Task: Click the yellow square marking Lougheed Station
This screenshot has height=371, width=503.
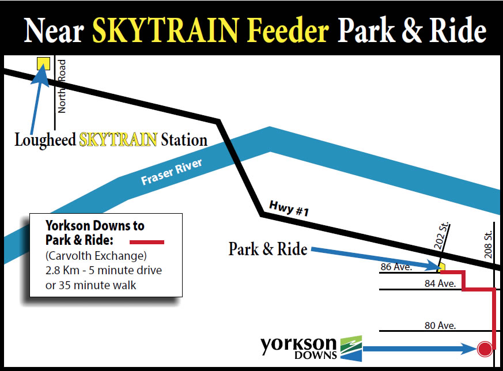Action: coord(43,63)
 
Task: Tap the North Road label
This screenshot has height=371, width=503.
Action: coord(62,86)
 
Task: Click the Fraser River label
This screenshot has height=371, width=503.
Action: coord(172,172)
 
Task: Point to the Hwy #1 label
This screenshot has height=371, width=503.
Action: coord(289,208)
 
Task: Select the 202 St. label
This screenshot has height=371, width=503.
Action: coord(441,236)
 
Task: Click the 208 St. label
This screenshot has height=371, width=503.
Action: coord(488,245)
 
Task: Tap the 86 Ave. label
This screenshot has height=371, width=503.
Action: coord(396,267)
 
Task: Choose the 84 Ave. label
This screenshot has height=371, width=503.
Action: coord(440,283)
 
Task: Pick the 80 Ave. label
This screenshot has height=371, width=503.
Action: coord(440,325)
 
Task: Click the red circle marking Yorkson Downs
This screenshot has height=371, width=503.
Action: coord(485,349)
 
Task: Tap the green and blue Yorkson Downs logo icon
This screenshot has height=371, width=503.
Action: coord(351,349)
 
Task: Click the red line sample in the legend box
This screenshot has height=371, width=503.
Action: coord(146,242)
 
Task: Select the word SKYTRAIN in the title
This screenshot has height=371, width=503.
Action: coord(166,30)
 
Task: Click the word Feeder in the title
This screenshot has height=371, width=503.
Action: coord(288,30)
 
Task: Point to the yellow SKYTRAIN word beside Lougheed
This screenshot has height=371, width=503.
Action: coord(118,139)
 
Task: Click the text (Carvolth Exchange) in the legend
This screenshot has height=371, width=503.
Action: coord(96,256)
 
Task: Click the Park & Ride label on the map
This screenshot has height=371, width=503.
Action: coord(268,249)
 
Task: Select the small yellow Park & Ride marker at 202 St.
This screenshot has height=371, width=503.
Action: coord(442,267)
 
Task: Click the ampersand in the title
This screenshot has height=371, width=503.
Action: coord(411,30)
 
